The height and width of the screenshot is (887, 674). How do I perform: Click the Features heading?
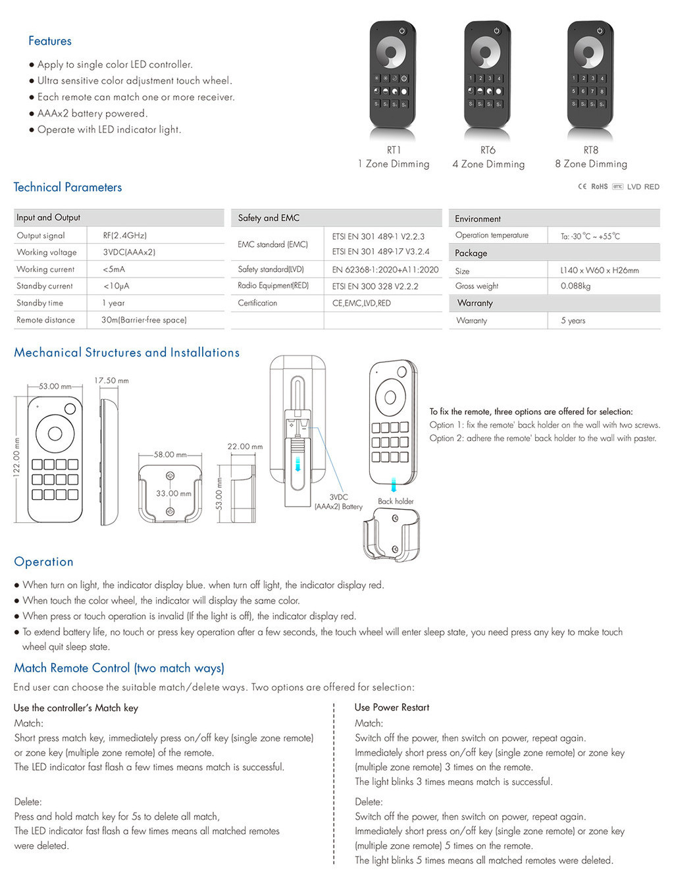click(x=50, y=41)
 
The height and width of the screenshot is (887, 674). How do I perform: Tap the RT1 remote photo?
click(x=392, y=75)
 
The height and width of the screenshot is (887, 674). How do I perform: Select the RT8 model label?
click(x=590, y=150)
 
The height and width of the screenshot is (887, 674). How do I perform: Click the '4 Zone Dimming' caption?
click(x=488, y=164)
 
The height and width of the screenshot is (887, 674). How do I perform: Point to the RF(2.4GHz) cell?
click(x=124, y=235)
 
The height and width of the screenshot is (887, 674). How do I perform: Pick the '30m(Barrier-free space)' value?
click(x=144, y=320)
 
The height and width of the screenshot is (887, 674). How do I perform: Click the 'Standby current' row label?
click(x=45, y=286)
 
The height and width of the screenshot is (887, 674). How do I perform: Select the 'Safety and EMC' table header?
click(x=269, y=218)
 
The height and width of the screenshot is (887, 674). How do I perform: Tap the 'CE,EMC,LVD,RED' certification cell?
click(x=361, y=303)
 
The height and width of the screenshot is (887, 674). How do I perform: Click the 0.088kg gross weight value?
click(x=575, y=286)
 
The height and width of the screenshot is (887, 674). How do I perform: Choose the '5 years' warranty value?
click(x=573, y=321)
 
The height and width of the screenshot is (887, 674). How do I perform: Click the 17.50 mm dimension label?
click(x=111, y=381)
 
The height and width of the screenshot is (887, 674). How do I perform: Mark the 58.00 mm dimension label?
click(x=170, y=454)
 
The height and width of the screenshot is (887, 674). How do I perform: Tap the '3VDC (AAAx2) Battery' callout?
click(x=338, y=502)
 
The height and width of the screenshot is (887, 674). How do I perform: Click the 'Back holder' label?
click(x=396, y=501)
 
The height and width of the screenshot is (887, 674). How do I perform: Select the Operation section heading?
click(x=43, y=562)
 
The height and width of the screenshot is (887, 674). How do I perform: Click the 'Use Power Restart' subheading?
click(x=392, y=707)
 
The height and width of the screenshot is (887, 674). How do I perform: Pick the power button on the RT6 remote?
click(x=496, y=31)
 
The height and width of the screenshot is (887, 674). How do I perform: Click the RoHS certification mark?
click(x=599, y=187)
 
